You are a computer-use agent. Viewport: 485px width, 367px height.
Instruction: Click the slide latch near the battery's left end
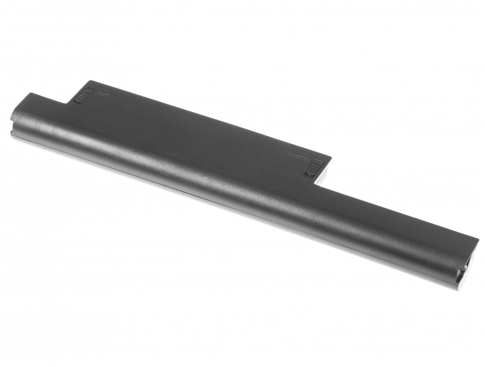pyautogui.click(x=84, y=95)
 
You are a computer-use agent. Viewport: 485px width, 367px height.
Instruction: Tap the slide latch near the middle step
pyautogui.click(x=312, y=167)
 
